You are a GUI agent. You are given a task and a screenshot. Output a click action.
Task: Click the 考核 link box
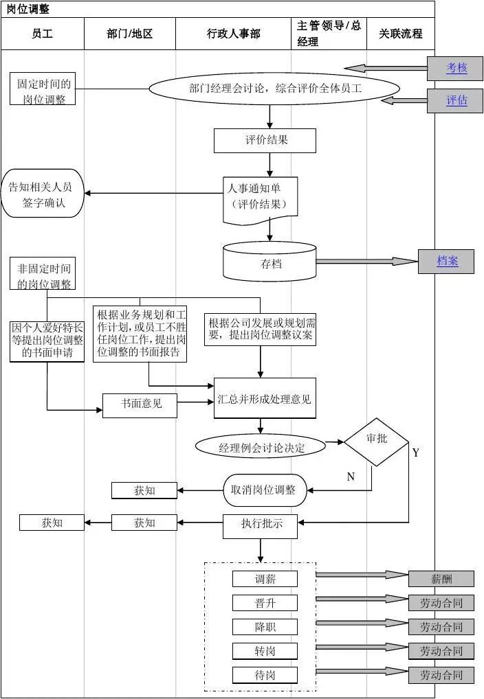pyautogui.click(x=456, y=68)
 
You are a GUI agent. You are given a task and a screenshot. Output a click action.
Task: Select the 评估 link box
pyautogui.click(x=456, y=101)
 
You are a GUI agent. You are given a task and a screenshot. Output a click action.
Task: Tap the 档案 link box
pyautogui.click(x=447, y=262)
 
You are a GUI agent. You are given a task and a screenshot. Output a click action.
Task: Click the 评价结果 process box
pyautogui.click(x=265, y=141)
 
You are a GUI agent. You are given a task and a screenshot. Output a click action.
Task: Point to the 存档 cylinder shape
pyautogui.click(x=270, y=263)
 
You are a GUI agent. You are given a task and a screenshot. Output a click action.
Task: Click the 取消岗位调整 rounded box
pyautogui.click(x=264, y=490)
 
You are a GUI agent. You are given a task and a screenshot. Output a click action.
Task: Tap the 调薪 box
pyautogui.click(x=265, y=579)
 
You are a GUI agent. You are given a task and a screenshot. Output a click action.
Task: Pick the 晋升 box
pyautogui.click(x=265, y=603)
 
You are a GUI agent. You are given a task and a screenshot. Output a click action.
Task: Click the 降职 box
pyautogui.click(x=265, y=627)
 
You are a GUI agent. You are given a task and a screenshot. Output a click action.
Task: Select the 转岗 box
pyautogui.click(x=265, y=651)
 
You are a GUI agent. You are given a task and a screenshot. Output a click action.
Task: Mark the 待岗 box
pyautogui.click(x=265, y=675)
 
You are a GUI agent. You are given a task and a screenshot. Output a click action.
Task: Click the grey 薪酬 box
pyautogui.click(x=441, y=579)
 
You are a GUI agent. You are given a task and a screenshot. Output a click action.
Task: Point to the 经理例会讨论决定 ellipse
pyautogui.click(x=261, y=448)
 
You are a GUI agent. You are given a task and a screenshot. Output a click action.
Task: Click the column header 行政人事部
pyautogui.click(x=233, y=34)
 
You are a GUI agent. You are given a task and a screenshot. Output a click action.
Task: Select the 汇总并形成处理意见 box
pyautogui.click(x=265, y=398)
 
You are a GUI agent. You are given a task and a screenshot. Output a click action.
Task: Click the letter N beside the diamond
pyautogui.click(x=351, y=477)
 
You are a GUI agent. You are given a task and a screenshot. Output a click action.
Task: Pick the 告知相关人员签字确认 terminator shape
pyautogui.click(x=43, y=196)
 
